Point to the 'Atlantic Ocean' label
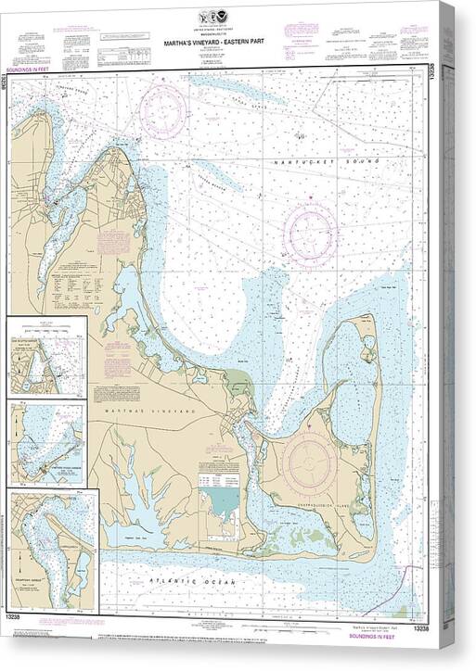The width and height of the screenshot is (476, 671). coord(195,581)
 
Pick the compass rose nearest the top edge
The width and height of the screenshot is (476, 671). coord(163,112)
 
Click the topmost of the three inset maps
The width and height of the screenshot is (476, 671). coord(46,357)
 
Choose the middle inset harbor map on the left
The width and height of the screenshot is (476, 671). coord(46,443)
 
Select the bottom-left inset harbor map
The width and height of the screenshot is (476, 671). coord(52,549)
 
